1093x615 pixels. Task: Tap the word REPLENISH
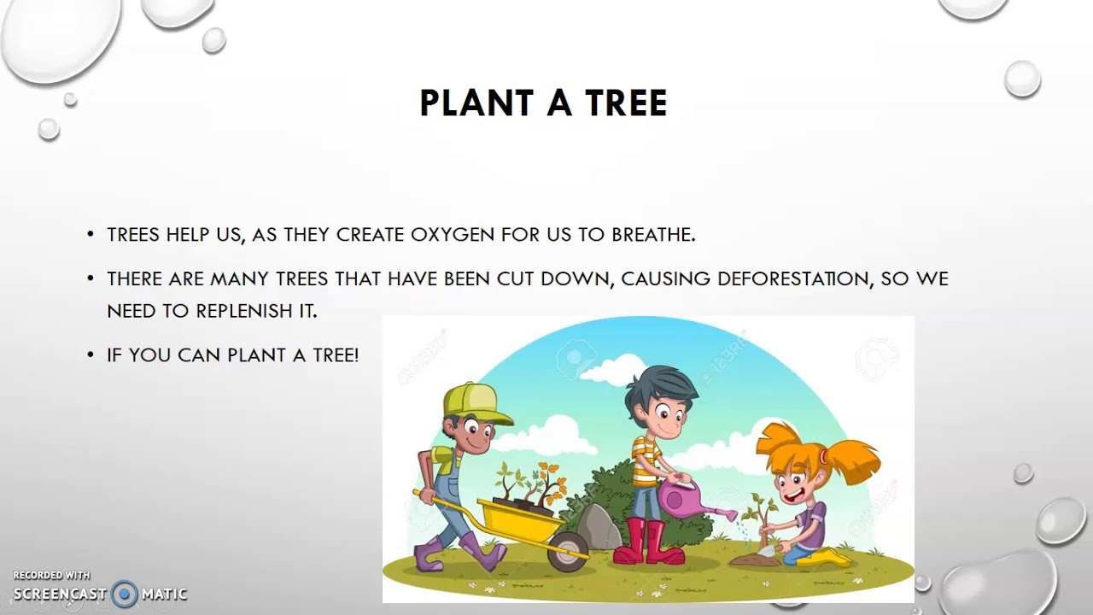click(x=245, y=311)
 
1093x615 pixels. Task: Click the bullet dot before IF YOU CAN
click(x=91, y=355)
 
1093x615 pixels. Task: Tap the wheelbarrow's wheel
click(x=567, y=551)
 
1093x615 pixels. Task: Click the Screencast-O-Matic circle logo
click(x=125, y=594)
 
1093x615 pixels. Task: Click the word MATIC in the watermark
click(x=164, y=594)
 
